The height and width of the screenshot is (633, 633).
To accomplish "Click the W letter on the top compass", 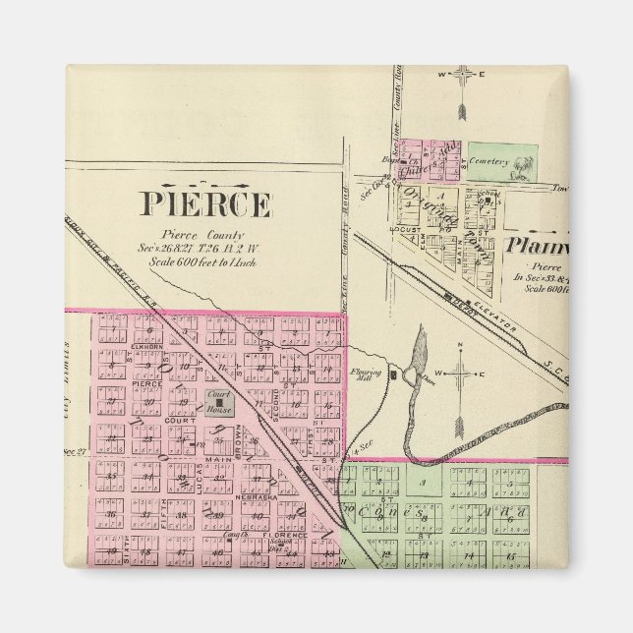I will pos(442,75).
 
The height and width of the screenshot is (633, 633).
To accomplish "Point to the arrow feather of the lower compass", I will pos(458,425).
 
